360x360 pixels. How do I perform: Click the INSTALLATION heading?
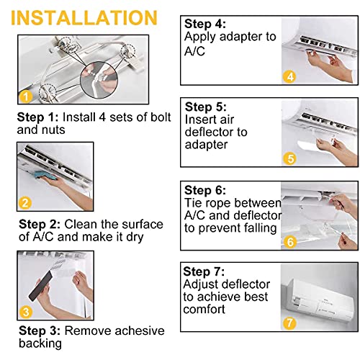[84, 18]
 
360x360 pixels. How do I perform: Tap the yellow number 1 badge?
[26, 96]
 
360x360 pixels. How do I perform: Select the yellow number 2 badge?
[25, 203]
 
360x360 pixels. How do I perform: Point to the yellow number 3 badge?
[26, 312]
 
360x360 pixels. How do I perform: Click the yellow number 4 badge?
[290, 77]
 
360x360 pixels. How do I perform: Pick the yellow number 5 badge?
[290, 158]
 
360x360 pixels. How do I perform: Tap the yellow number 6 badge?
[290, 242]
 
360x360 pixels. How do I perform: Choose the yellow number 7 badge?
[289, 323]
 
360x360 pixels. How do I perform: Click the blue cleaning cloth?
[46, 176]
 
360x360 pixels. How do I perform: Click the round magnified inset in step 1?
[99, 80]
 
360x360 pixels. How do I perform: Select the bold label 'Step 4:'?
[205, 24]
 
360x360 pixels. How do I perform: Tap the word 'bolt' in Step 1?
[161, 117]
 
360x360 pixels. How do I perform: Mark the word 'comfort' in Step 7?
[204, 309]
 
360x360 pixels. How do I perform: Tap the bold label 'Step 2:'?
[40, 225]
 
